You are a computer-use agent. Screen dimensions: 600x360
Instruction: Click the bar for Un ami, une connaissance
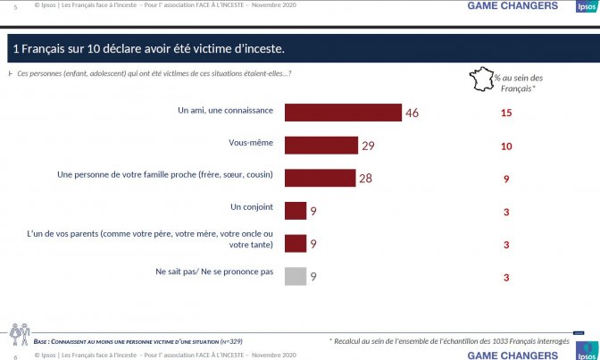tap(343, 113)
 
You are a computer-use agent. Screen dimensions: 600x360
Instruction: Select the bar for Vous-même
tap(321, 146)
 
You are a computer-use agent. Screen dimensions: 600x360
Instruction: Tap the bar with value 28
tap(321, 178)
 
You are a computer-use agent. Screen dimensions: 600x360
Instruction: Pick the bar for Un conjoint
tap(296, 211)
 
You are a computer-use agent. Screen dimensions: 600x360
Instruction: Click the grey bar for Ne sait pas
tap(296, 276)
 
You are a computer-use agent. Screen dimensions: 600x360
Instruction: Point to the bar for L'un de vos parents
tap(296, 244)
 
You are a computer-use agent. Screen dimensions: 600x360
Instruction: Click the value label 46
tap(412, 113)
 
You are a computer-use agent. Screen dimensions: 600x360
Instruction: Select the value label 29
tap(368, 146)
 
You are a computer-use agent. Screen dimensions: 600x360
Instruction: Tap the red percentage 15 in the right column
tap(506, 113)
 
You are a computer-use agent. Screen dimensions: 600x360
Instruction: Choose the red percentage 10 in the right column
tap(506, 147)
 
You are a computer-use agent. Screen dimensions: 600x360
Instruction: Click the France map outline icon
tap(482, 79)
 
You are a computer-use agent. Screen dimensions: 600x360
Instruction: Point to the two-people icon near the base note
tap(20, 334)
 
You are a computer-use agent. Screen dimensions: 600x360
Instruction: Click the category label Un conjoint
tap(252, 207)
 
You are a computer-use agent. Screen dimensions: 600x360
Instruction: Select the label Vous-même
tap(251, 142)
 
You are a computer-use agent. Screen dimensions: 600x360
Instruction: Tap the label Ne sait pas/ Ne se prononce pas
tap(214, 272)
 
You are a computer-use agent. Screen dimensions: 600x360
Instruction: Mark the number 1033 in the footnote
tap(500, 341)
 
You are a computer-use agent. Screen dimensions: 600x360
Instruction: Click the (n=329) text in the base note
tap(231, 341)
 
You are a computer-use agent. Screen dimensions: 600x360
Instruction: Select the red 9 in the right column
tap(506, 179)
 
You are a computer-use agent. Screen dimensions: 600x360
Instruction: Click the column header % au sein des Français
tap(518, 83)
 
